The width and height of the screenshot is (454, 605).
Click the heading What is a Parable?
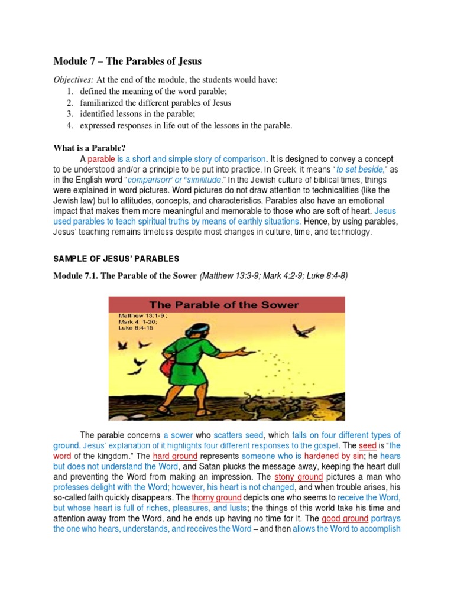(x=89, y=147)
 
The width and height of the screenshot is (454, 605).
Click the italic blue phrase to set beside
(x=359, y=169)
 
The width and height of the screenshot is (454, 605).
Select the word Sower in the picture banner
(x=275, y=305)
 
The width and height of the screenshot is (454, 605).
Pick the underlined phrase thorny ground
(x=216, y=497)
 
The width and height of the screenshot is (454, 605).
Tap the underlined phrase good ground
(x=345, y=518)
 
